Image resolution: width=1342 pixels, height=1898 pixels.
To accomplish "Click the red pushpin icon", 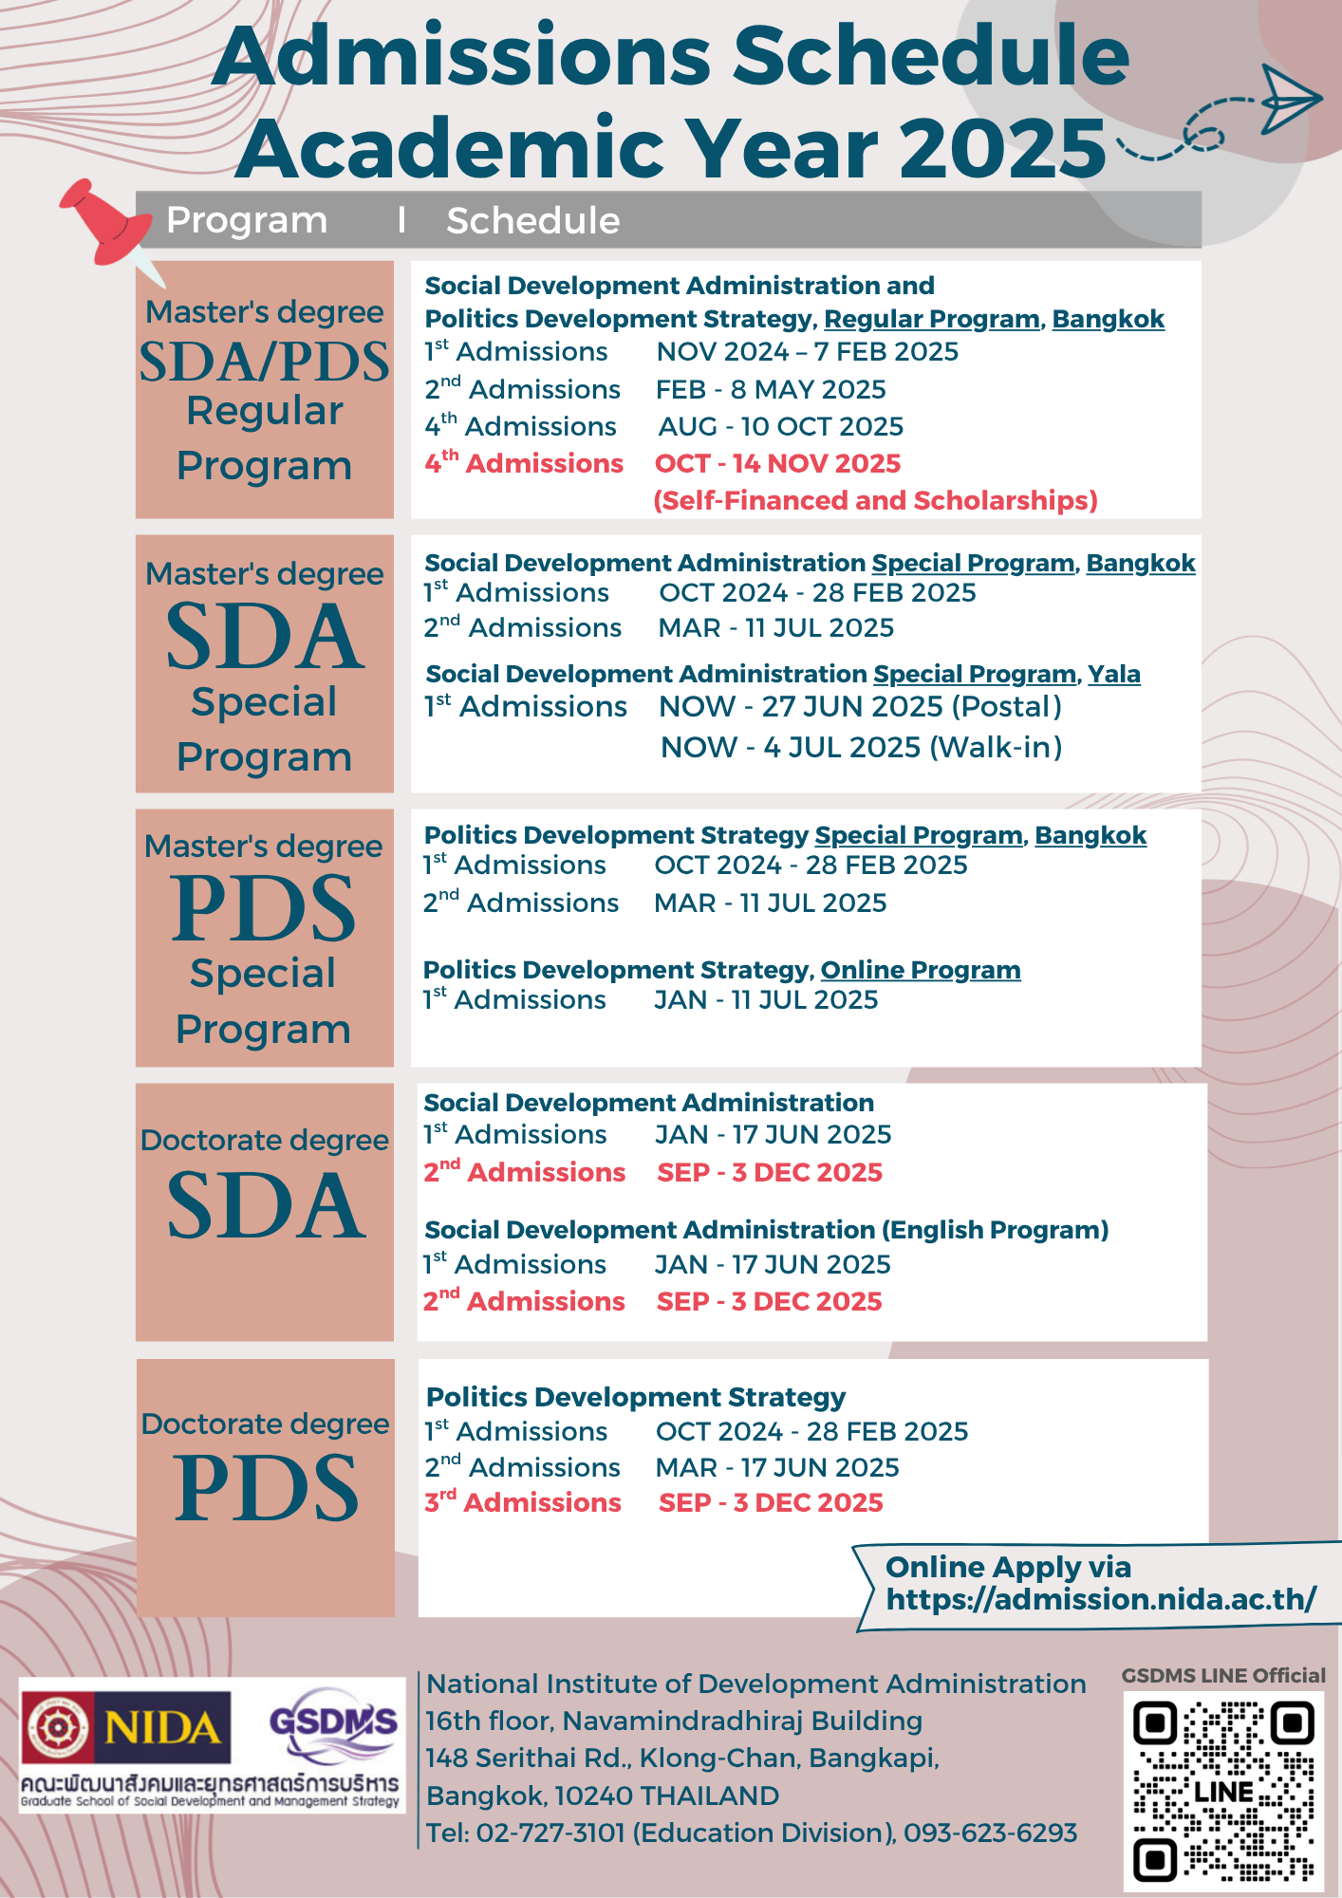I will [x=103, y=223].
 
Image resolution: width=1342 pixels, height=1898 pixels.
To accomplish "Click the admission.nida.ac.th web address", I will [x=1101, y=1599].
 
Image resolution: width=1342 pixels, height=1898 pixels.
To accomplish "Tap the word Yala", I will [x=1113, y=674].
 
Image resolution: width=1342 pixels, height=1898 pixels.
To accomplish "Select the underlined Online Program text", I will [x=921, y=970].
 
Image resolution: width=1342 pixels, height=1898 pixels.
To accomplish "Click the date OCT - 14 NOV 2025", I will [x=777, y=463].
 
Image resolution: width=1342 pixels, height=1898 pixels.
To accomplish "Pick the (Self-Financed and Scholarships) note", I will [x=875, y=500].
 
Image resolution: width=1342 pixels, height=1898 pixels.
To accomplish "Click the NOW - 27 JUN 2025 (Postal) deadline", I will [x=860, y=707].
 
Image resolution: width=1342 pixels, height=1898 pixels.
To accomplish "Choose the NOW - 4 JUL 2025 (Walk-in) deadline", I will [x=861, y=748].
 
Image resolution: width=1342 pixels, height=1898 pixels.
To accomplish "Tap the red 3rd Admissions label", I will [x=523, y=1502].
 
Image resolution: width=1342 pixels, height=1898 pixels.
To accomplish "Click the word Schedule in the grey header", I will [x=532, y=221].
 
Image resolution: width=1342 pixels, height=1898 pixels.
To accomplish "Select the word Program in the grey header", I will [x=247, y=220].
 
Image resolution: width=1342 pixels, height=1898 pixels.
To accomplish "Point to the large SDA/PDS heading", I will [x=264, y=362].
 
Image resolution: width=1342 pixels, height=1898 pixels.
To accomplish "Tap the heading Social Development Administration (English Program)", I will [x=766, y=1230].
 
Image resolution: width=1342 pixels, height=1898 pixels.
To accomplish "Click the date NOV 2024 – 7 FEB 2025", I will [x=807, y=352].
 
